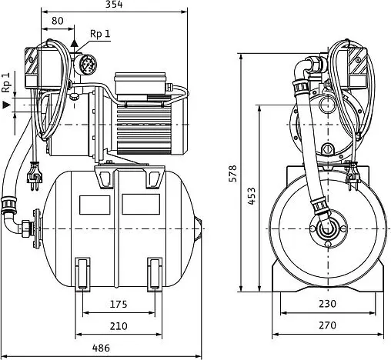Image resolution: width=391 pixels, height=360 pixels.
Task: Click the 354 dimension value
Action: [114, 5]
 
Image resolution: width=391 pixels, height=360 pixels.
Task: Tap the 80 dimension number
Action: [58, 21]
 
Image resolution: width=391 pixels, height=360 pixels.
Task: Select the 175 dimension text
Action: [119, 304]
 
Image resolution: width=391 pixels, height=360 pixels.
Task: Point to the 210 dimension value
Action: [119, 326]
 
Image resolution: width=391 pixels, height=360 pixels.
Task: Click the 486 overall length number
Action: [101, 348]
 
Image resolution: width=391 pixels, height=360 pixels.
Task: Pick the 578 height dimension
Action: [232, 174]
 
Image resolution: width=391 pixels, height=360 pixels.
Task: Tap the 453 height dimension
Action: [252, 196]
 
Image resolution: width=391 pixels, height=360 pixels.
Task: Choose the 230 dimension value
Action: [327, 304]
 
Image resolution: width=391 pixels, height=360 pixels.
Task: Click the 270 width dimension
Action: [327, 325]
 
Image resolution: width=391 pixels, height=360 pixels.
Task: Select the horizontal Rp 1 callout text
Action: [100, 34]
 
